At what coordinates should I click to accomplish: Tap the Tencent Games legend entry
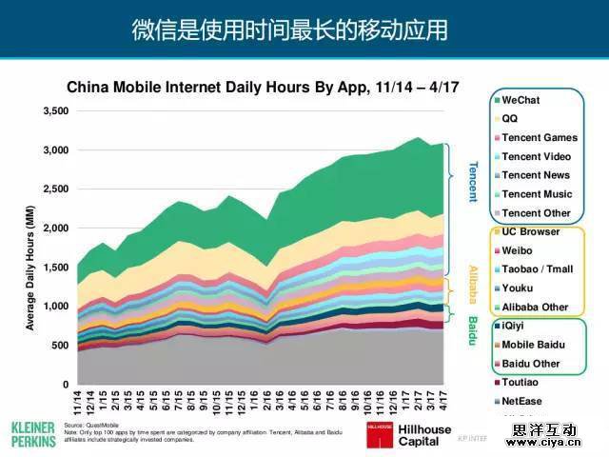[540, 137]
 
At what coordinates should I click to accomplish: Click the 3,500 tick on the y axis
[56, 111]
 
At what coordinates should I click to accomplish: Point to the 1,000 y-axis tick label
[56, 307]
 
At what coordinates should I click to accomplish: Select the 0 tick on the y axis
[66, 385]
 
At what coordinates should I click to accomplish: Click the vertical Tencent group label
[472, 181]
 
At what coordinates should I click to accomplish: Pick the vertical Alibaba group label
[472, 285]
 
